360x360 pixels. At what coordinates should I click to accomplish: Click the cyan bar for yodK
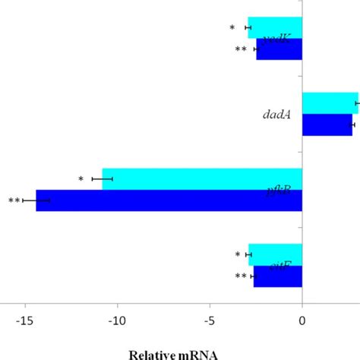click(x=275, y=27)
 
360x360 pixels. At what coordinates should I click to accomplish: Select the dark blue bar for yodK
click(x=279, y=49)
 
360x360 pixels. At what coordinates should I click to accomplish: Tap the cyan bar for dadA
click(x=330, y=103)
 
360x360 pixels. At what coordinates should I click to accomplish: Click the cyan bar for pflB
click(x=202, y=178)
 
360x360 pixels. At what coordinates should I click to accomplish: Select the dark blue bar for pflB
click(x=169, y=201)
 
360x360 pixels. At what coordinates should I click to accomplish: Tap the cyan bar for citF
click(x=275, y=254)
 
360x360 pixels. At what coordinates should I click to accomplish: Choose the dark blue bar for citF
click(x=278, y=276)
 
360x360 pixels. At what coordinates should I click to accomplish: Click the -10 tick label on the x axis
click(x=118, y=321)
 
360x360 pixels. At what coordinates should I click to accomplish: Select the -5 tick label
click(x=210, y=321)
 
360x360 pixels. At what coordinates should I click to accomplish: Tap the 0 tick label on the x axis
click(x=302, y=321)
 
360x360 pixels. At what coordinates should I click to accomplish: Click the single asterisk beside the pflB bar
click(x=81, y=180)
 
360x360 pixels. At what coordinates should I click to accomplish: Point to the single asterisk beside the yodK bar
click(x=232, y=29)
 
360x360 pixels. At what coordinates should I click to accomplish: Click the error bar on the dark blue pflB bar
click(x=36, y=201)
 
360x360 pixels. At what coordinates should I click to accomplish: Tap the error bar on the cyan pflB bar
click(x=102, y=178)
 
